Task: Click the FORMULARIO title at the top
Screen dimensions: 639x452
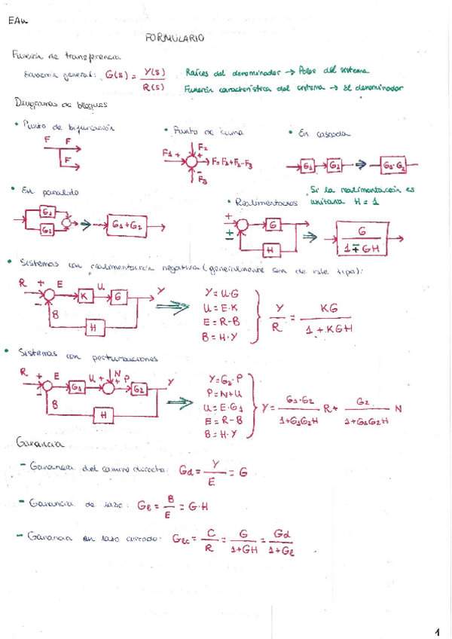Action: tap(173, 37)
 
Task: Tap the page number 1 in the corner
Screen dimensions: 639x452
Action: tap(438, 631)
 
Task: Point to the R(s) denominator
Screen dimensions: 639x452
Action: tap(154, 87)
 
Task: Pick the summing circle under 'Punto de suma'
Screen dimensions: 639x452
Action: tap(193, 161)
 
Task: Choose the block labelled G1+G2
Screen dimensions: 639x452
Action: tap(129, 224)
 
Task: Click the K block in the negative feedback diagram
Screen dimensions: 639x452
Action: tap(84, 297)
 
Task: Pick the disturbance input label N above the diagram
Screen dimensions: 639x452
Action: tap(118, 371)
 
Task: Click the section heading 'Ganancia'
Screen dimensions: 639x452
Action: tap(33, 440)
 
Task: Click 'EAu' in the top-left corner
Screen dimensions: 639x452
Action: tap(17, 22)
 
